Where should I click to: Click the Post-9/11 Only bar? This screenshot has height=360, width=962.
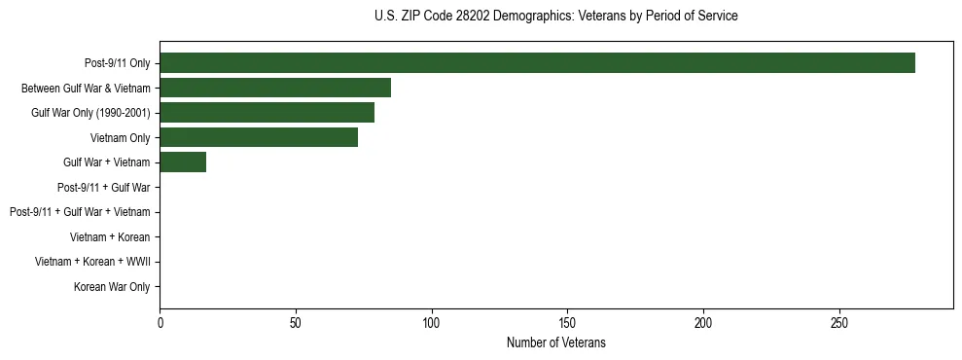[537, 63]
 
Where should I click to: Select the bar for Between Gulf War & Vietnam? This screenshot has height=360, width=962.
[275, 88]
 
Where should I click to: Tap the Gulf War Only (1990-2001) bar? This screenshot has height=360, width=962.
[267, 113]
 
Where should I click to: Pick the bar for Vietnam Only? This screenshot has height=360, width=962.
[259, 137]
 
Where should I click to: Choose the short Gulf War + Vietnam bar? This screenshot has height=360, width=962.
[183, 162]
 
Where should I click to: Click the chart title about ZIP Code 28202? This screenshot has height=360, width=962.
[555, 16]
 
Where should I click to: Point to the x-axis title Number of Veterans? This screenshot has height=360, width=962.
[555, 342]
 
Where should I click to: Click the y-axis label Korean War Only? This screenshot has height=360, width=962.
[112, 287]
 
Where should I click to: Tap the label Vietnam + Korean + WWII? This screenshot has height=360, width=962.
[92, 262]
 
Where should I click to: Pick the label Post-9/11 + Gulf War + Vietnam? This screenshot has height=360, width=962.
[80, 212]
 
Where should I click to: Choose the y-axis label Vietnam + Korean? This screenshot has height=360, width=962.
[110, 237]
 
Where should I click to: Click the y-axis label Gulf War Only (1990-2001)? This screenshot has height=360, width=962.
[90, 113]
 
